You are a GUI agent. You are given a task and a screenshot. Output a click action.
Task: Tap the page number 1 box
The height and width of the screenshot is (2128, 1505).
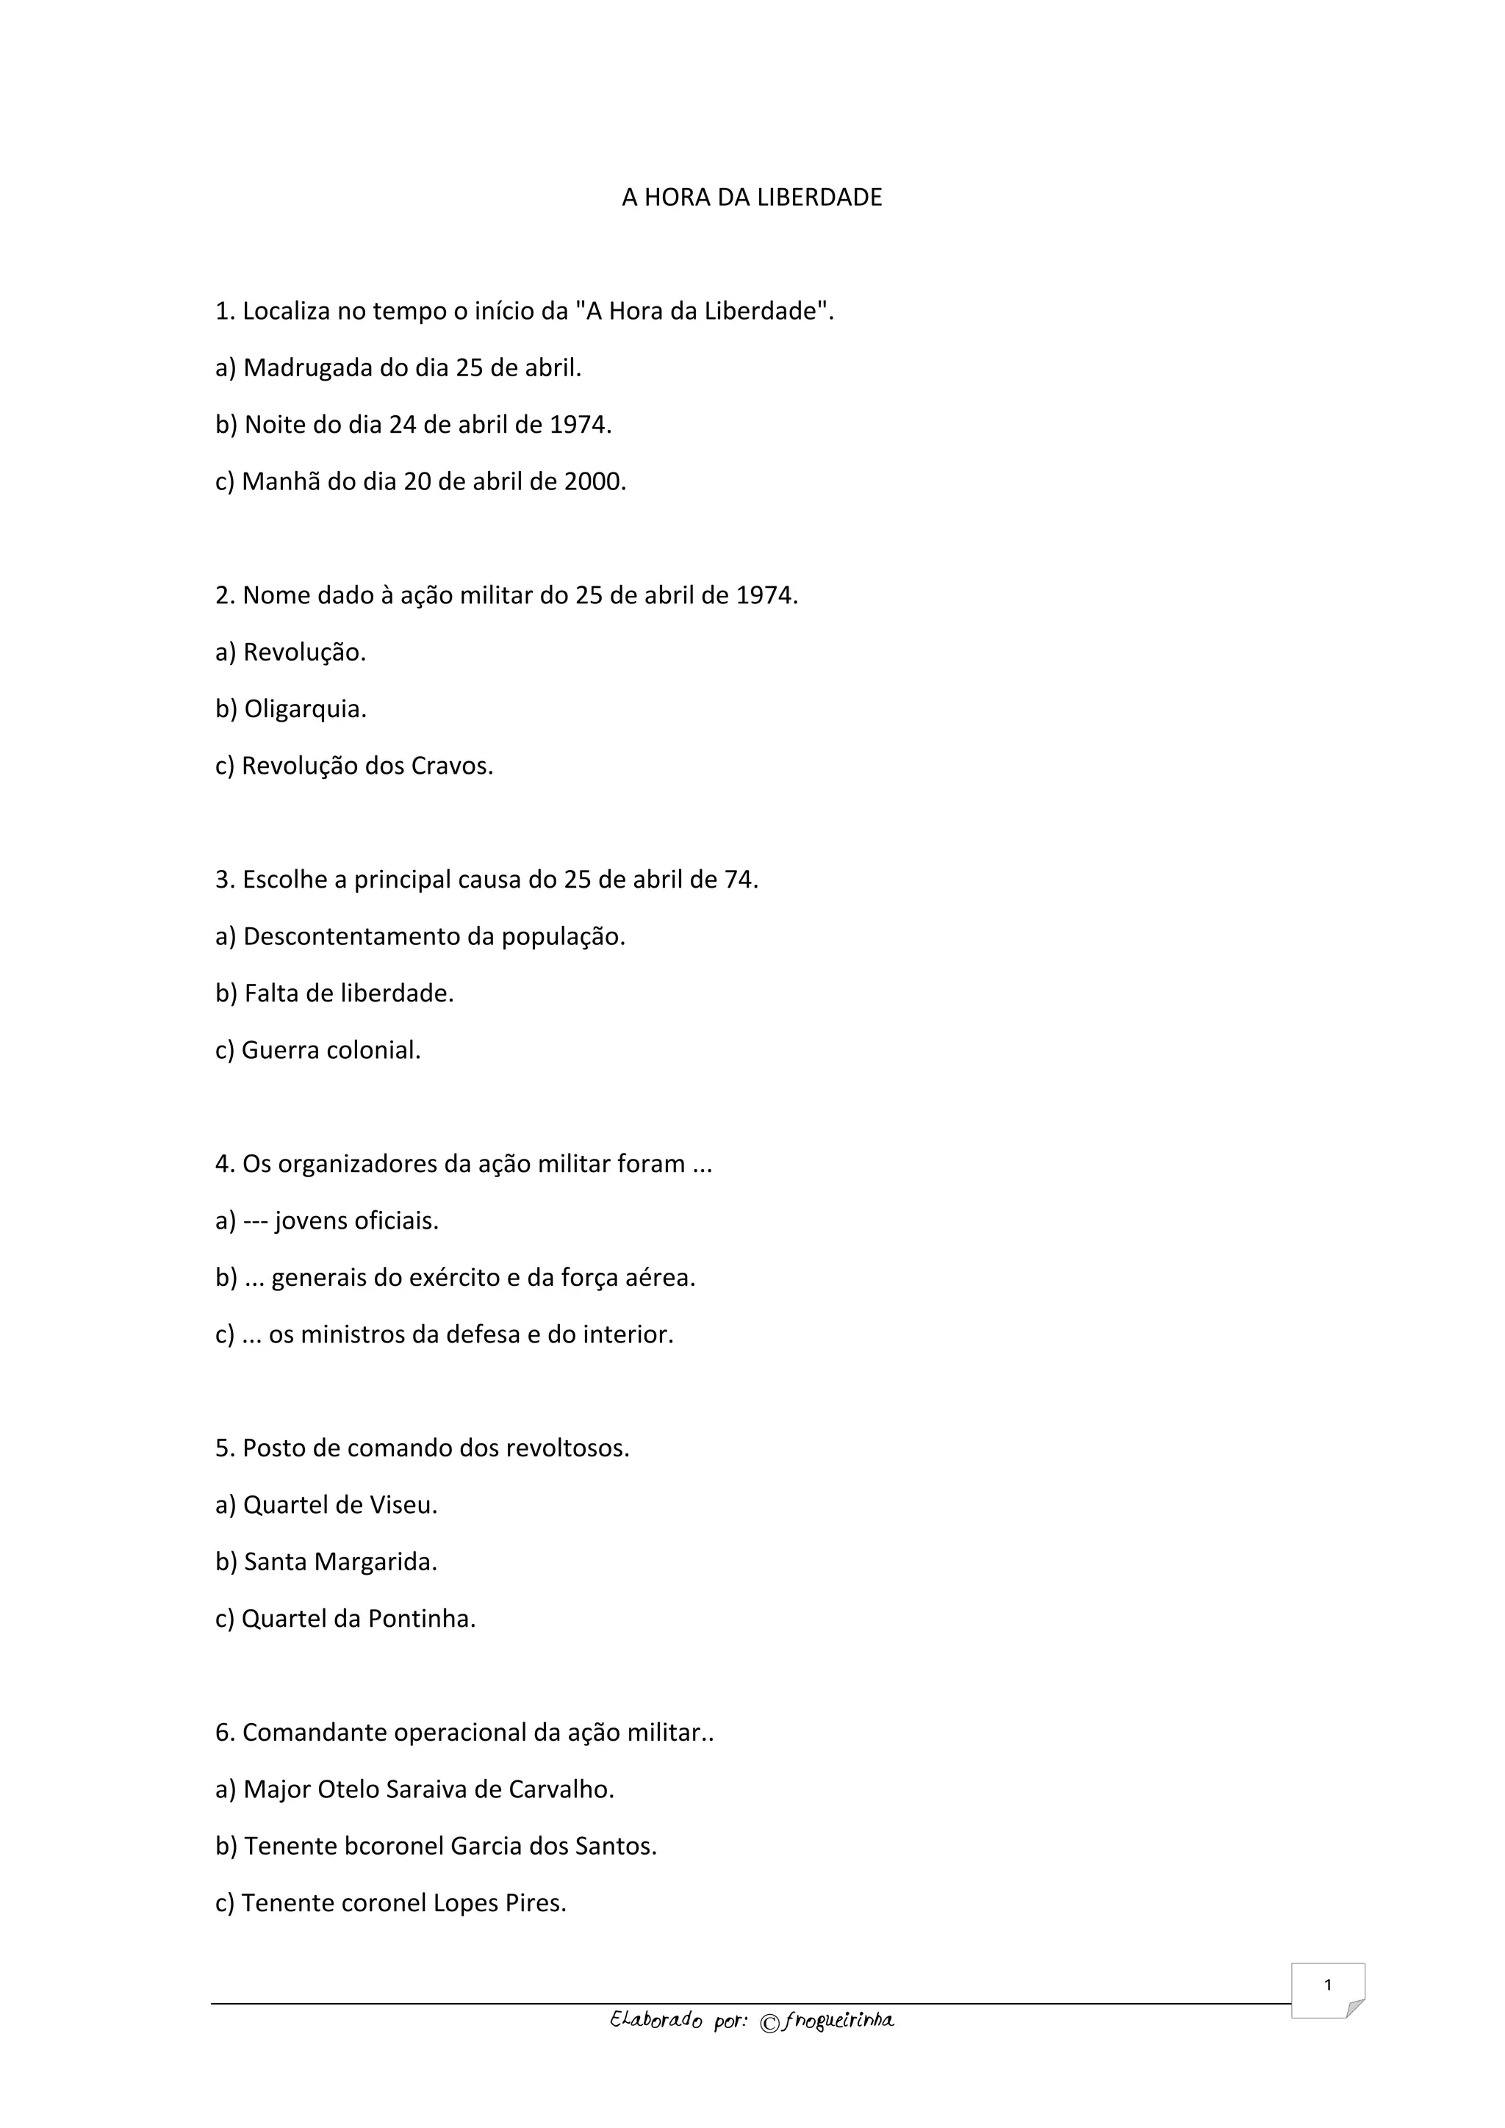click(1327, 1989)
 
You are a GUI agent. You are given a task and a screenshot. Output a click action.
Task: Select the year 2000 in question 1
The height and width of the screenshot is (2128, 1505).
click(592, 482)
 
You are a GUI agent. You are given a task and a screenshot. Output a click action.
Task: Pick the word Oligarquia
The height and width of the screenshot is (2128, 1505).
click(304, 709)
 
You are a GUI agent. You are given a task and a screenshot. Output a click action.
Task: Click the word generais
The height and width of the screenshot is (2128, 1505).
click(320, 1278)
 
